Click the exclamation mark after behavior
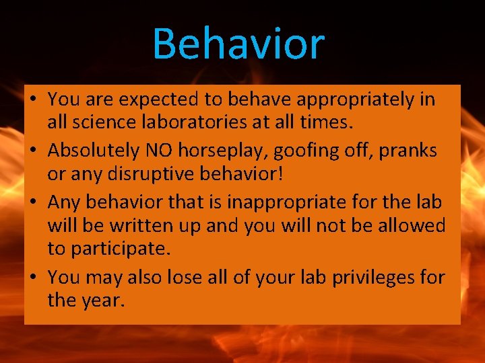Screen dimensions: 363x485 282,174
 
